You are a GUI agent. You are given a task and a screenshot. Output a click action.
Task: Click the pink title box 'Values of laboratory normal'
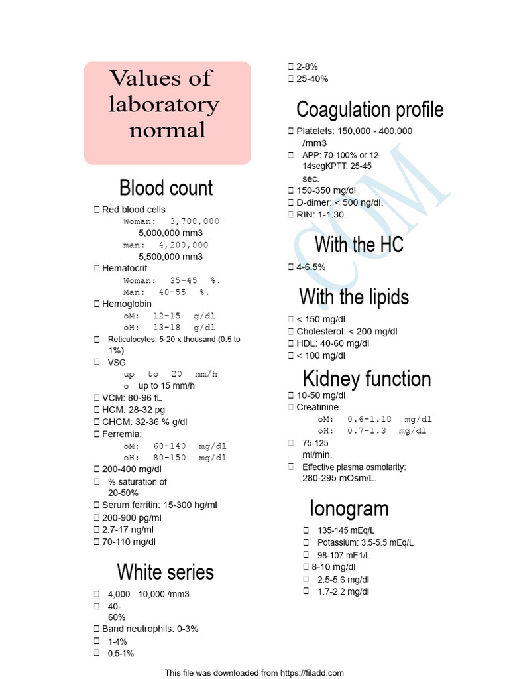click(x=167, y=113)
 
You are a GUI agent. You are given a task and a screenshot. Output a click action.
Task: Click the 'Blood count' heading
click(x=166, y=188)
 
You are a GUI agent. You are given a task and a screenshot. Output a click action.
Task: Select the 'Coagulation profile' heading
click(x=370, y=109)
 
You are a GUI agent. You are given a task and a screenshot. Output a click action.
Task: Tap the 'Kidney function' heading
click(x=367, y=379)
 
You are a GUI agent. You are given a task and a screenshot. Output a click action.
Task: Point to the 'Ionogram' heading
click(x=349, y=509)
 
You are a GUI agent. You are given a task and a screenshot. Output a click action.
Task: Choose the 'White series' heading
click(x=166, y=572)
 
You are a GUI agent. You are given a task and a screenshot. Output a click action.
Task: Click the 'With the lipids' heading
click(x=354, y=296)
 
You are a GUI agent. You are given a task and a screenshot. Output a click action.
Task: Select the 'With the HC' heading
click(x=359, y=245)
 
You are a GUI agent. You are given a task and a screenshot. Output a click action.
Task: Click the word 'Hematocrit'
click(x=125, y=268)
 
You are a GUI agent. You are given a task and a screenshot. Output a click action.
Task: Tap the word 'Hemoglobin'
click(x=127, y=304)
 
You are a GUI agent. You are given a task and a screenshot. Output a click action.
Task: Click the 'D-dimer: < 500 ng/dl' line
click(x=339, y=202)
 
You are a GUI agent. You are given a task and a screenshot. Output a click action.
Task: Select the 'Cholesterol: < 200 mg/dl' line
click(x=347, y=331)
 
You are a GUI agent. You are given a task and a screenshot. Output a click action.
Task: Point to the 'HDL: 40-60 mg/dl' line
click(x=333, y=343)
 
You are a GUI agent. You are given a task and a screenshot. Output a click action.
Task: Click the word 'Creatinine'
click(x=317, y=407)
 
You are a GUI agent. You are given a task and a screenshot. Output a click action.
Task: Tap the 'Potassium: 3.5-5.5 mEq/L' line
click(x=365, y=542)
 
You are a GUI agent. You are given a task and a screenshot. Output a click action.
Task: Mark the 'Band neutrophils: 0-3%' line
click(x=150, y=629)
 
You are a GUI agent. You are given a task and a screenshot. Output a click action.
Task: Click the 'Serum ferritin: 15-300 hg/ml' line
click(x=159, y=505)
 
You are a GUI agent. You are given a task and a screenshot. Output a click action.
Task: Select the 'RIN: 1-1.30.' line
click(x=321, y=214)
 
